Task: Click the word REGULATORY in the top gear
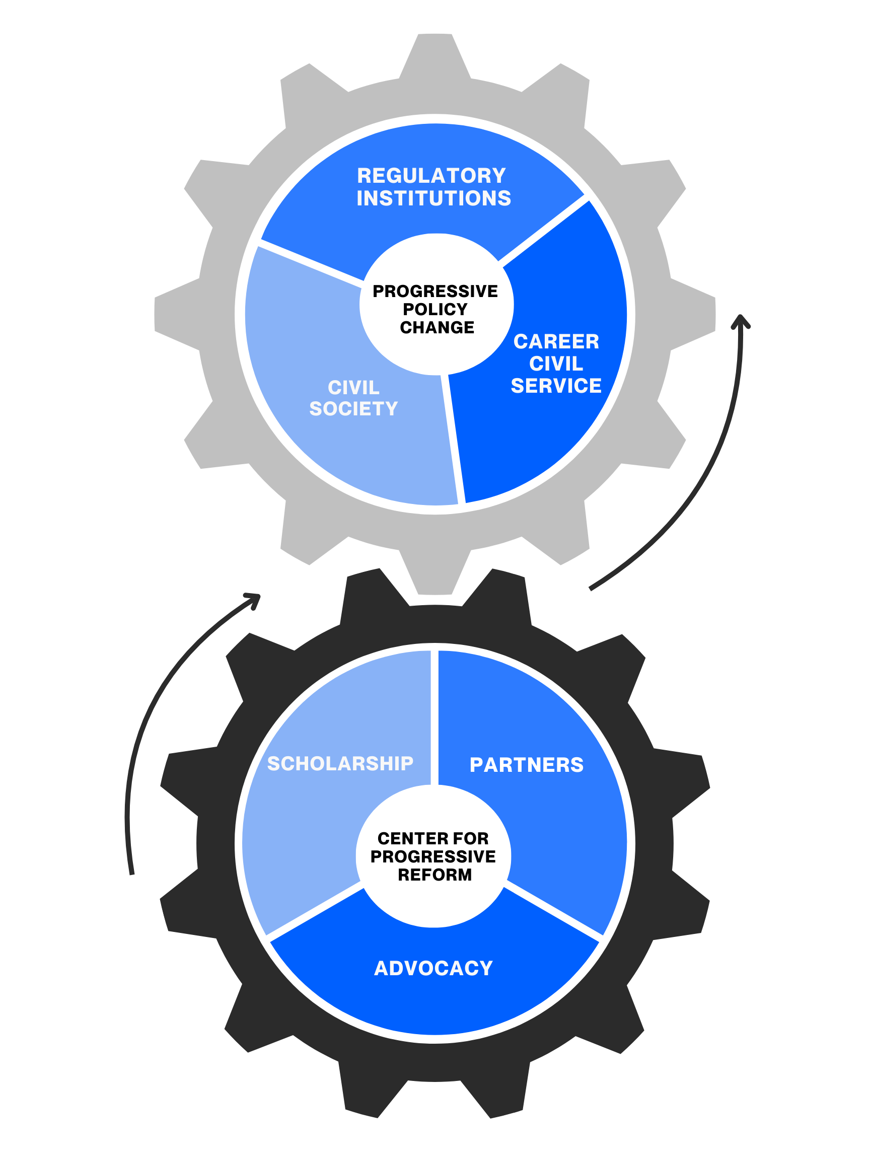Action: (431, 176)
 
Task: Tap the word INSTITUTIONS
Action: (433, 199)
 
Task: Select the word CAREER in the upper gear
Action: (556, 341)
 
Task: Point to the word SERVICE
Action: (556, 386)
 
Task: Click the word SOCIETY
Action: (353, 408)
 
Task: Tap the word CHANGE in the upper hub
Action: (437, 328)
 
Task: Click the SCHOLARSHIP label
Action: (340, 764)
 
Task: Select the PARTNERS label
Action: (527, 765)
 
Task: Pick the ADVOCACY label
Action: (433, 968)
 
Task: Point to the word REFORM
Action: (434, 875)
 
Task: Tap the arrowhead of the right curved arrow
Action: (741, 321)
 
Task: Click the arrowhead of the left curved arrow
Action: (254, 598)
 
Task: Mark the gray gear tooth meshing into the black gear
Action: (434, 577)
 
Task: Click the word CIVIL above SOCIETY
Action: (353, 388)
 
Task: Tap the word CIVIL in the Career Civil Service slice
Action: (556, 364)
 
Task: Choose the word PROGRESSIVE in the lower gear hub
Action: (433, 856)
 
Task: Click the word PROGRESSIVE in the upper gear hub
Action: (436, 291)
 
